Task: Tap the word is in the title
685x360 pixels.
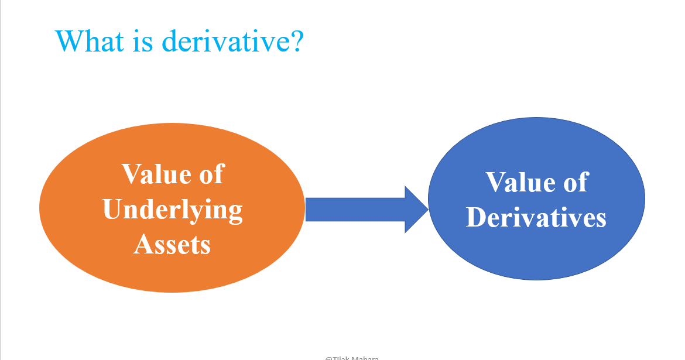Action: pos(146,41)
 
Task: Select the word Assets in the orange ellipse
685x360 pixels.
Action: pos(172,244)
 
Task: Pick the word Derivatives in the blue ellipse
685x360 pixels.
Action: pos(536,218)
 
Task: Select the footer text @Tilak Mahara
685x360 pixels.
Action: pos(352,358)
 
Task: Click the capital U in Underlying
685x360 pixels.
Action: pos(113,210)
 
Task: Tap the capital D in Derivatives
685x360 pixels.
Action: pos(477,218)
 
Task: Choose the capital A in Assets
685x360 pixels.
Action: pos(143,244)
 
